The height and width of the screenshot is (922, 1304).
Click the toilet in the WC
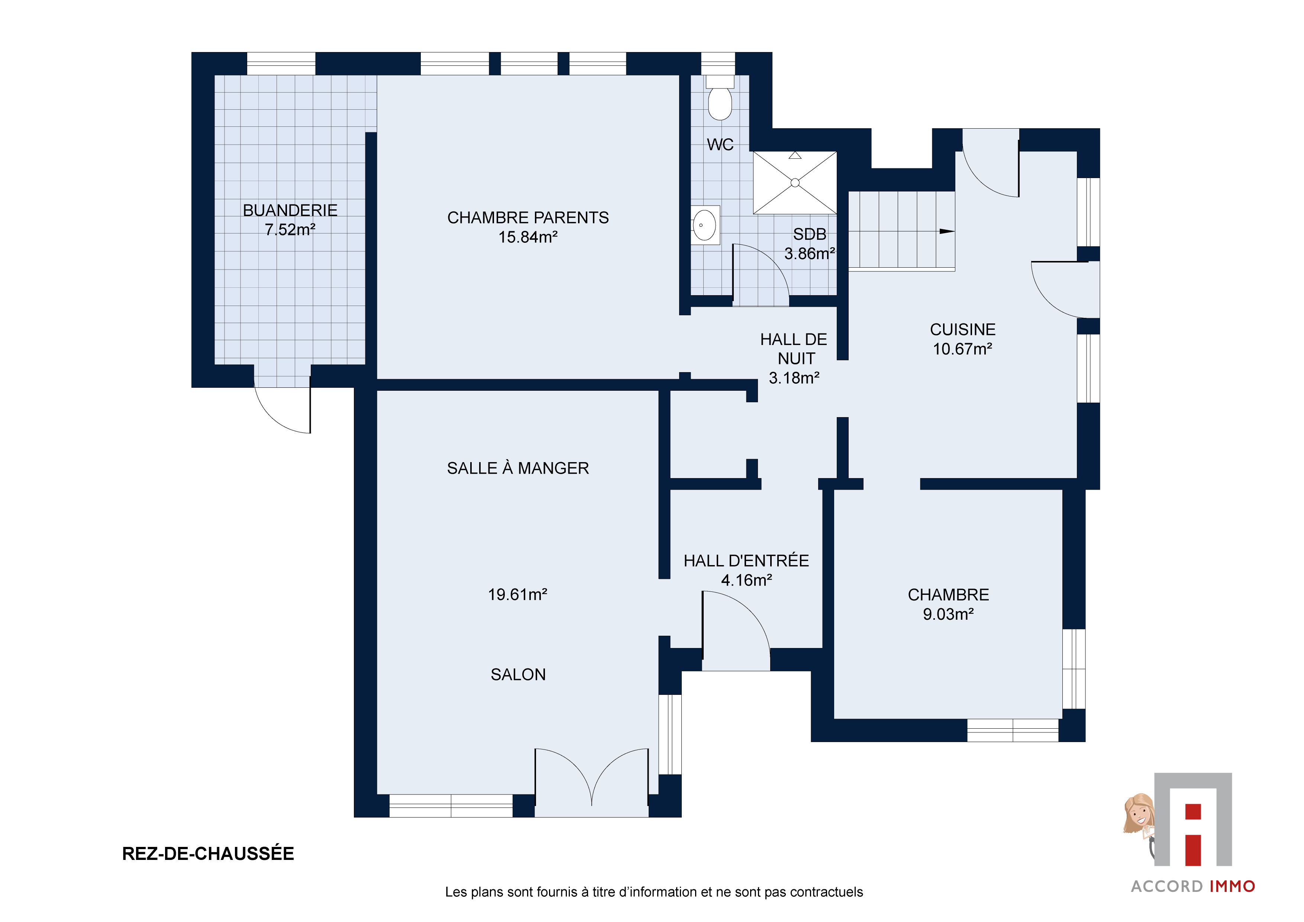pos(720,98)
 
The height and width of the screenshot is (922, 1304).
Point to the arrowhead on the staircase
pos(947,231)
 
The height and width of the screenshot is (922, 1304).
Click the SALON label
pos(518,674)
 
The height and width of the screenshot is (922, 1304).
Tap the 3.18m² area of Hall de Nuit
pos(794,378)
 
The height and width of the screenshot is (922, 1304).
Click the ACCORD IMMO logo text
pos(1193,886)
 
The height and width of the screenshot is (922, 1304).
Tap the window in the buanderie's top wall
pos(281,63)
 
